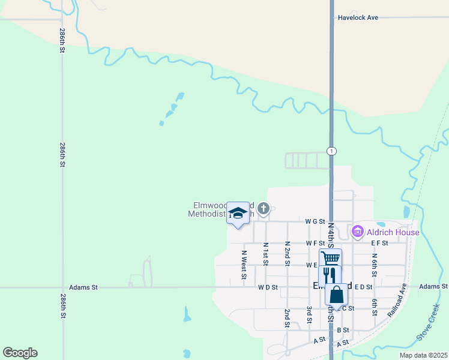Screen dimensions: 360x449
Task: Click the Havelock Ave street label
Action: click(358, 18)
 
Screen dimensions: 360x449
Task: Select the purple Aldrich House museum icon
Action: click(358, 232)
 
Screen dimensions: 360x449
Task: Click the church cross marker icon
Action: click(263, 208)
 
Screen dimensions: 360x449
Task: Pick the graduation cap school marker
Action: click(238, 213)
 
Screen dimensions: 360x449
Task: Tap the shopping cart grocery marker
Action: click(330, 259)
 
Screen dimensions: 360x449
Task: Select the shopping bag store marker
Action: click(337, 294)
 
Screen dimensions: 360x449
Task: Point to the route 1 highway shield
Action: click(331, 151)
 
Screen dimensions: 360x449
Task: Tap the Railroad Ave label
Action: click(397, 300)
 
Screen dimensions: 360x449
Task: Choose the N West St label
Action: click(244, 265)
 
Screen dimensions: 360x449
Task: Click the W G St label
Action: click(315, 221)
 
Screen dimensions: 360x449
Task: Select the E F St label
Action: click(379, 243)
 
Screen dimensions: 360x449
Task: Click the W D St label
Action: click(268, 287)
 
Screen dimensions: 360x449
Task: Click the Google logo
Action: click(20, 353)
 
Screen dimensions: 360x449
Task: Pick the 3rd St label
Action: click(309, 314)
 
